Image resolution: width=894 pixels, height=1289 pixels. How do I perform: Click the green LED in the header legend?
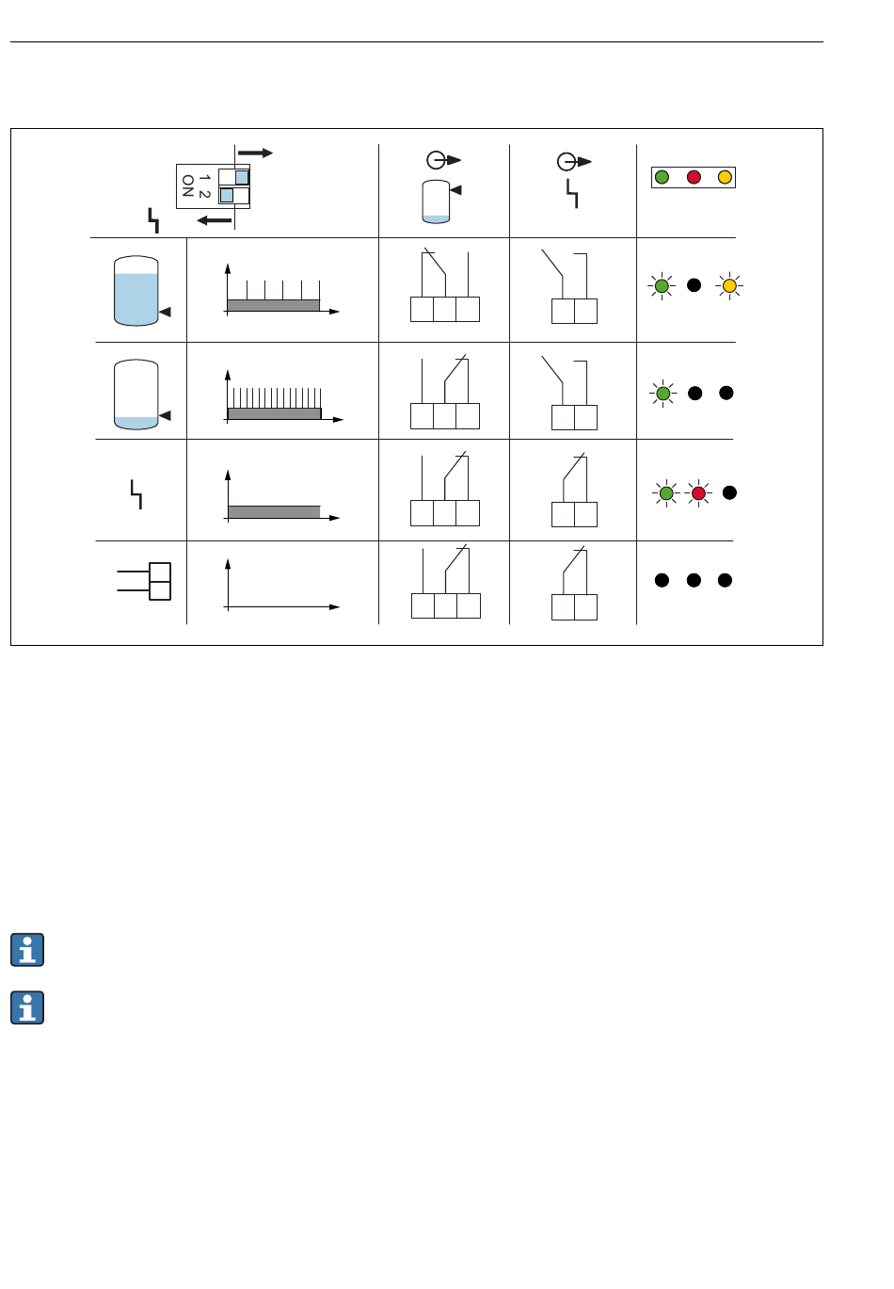click(662, 177)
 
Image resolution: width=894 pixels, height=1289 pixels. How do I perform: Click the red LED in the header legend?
click(694, 177)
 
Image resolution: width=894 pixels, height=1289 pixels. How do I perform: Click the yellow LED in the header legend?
click(725, 177)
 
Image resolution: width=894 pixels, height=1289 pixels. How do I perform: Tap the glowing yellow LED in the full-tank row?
click(729, 286)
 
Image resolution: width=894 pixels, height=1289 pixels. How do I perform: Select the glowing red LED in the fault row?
click(698, 493)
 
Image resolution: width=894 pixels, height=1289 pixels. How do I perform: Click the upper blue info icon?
click(27, 949)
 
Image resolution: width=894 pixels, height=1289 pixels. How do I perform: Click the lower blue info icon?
click(27, 1007)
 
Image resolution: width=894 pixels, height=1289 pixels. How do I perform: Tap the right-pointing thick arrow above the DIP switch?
click(255, 153)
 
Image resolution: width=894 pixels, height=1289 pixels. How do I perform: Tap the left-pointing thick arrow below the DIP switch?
click(214, 219)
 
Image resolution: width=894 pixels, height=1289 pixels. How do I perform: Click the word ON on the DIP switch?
click(187, 185)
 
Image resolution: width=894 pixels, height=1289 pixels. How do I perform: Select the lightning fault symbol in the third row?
click(136, 494)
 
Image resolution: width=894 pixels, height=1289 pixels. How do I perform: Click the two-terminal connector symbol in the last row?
click(144, 581)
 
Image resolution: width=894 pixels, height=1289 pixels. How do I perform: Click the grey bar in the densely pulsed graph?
click(275, 413)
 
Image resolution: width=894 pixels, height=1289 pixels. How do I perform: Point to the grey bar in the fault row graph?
click(274, 511)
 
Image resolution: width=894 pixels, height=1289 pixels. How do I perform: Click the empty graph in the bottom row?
click(282, 585)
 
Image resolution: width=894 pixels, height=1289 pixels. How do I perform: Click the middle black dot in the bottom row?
click(694, 580)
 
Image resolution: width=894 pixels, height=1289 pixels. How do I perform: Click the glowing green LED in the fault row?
click(666, 493)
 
